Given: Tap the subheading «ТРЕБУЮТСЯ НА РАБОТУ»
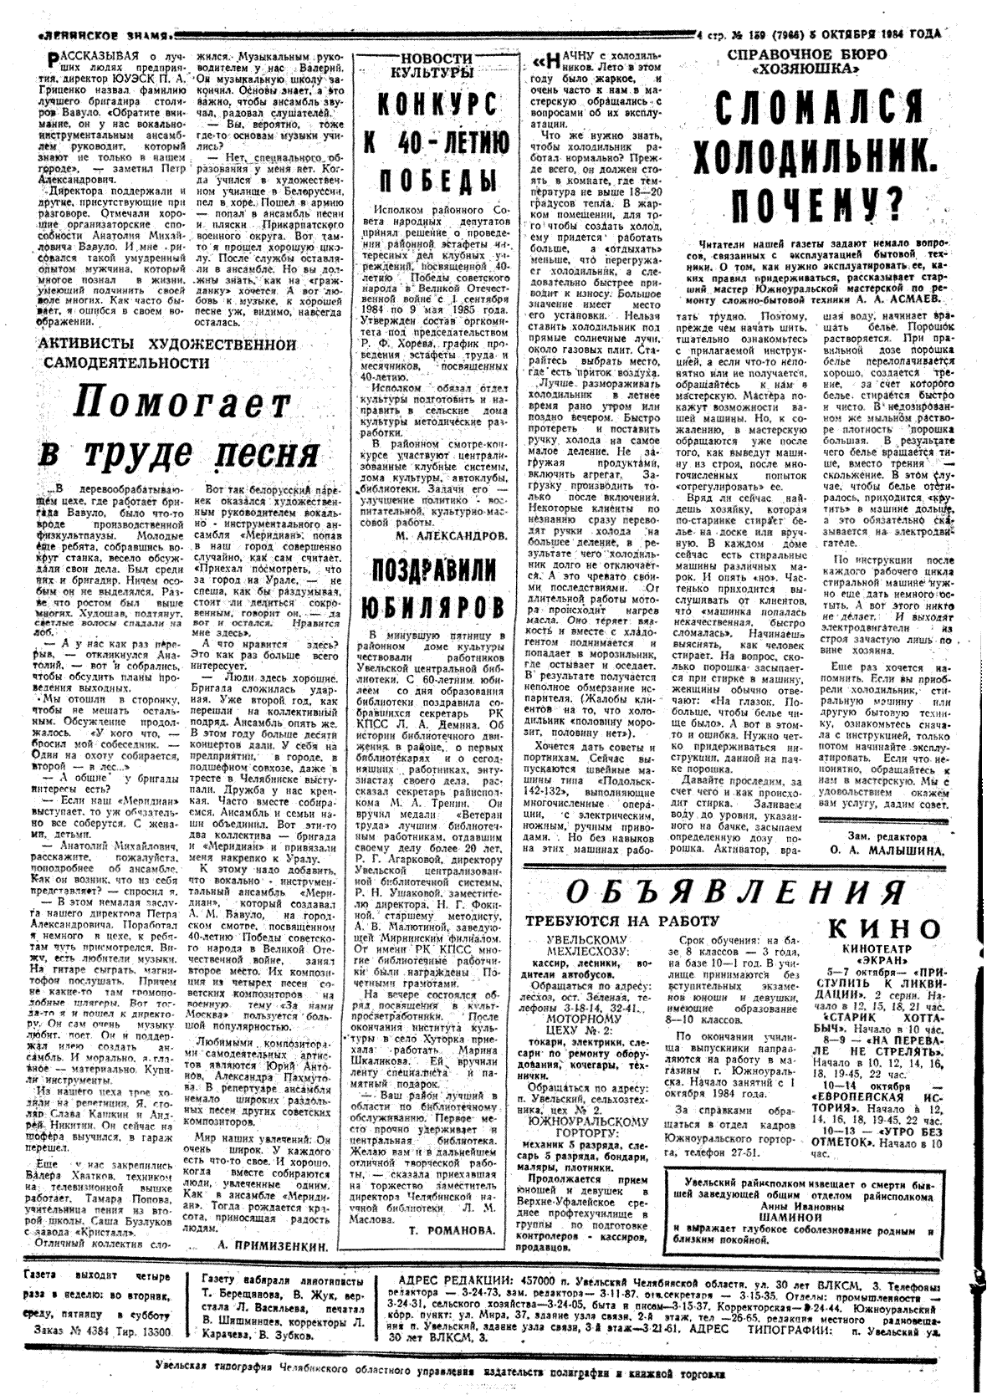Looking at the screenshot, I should coord(621,921).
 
